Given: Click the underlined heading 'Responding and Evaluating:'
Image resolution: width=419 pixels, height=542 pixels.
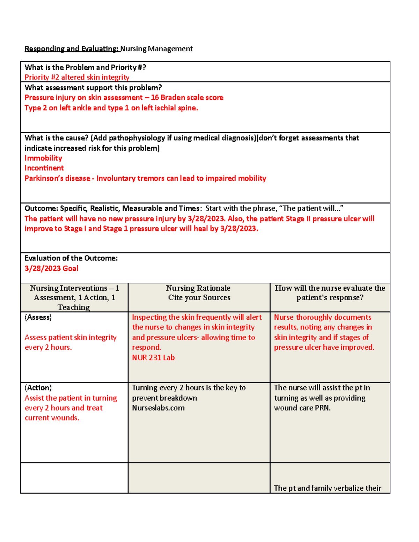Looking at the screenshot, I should (72, 49).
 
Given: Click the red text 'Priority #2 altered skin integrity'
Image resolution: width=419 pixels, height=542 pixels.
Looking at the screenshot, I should (77, 77).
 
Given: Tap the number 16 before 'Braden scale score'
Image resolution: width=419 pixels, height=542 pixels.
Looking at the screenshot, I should (155, 98).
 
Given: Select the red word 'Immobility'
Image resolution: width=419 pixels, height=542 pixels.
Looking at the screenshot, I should (43, 158).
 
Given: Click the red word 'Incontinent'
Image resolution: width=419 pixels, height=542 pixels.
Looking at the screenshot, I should (44, 168).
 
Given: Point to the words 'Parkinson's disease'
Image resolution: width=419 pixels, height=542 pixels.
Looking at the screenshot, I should (57, 178).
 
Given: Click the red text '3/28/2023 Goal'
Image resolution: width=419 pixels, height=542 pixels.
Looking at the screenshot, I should (51, 268).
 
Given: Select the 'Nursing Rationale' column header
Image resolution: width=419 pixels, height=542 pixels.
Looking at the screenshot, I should (198, 288).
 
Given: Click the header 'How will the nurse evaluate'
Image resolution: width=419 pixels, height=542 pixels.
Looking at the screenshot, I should (330, 288).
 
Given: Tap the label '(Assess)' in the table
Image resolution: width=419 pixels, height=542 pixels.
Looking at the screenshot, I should (38, 317).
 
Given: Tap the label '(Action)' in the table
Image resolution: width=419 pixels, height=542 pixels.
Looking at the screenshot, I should (38, 388).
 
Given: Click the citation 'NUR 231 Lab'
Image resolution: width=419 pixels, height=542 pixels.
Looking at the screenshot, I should (153, 358).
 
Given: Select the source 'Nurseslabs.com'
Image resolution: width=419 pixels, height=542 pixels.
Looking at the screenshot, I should (158, 408).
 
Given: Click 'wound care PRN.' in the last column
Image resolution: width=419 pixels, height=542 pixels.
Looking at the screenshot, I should (302, 408).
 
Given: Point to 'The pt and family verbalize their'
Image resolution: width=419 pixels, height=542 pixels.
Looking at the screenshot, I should (327, 488).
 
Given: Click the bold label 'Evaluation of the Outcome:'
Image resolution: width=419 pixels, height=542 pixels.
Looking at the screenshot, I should (71, 258).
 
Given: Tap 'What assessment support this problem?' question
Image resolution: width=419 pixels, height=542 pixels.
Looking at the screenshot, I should (93, 88).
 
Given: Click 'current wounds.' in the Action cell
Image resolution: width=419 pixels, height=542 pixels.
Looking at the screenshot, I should (52, 418).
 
